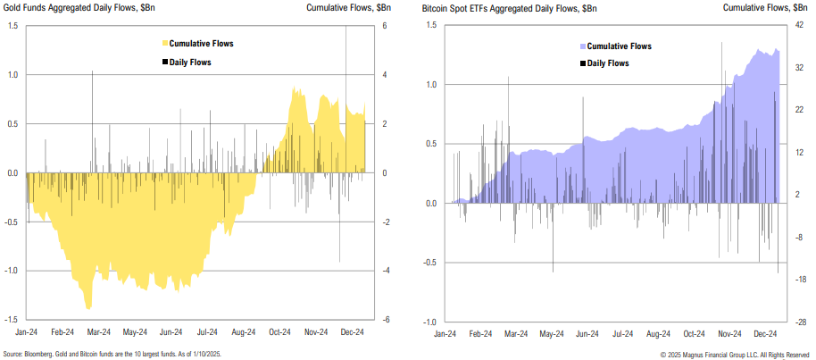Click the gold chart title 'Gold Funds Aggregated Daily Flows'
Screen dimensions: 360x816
75,8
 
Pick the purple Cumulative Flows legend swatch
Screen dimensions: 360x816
581,46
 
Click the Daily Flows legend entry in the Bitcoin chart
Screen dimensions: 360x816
607,63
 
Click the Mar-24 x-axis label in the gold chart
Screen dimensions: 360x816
100,331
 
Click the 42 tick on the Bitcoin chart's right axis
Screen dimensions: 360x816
801,26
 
